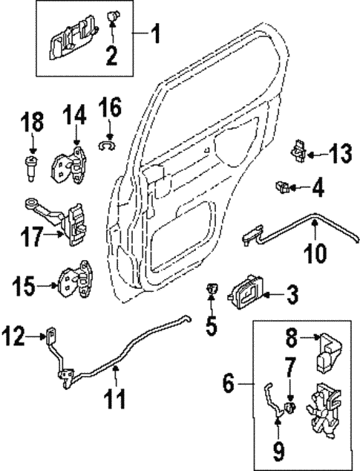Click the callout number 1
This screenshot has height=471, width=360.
[x=154, y=34]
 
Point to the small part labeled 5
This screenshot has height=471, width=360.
[x=212, y=291]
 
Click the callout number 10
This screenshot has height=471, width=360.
[x=316, y=253]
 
